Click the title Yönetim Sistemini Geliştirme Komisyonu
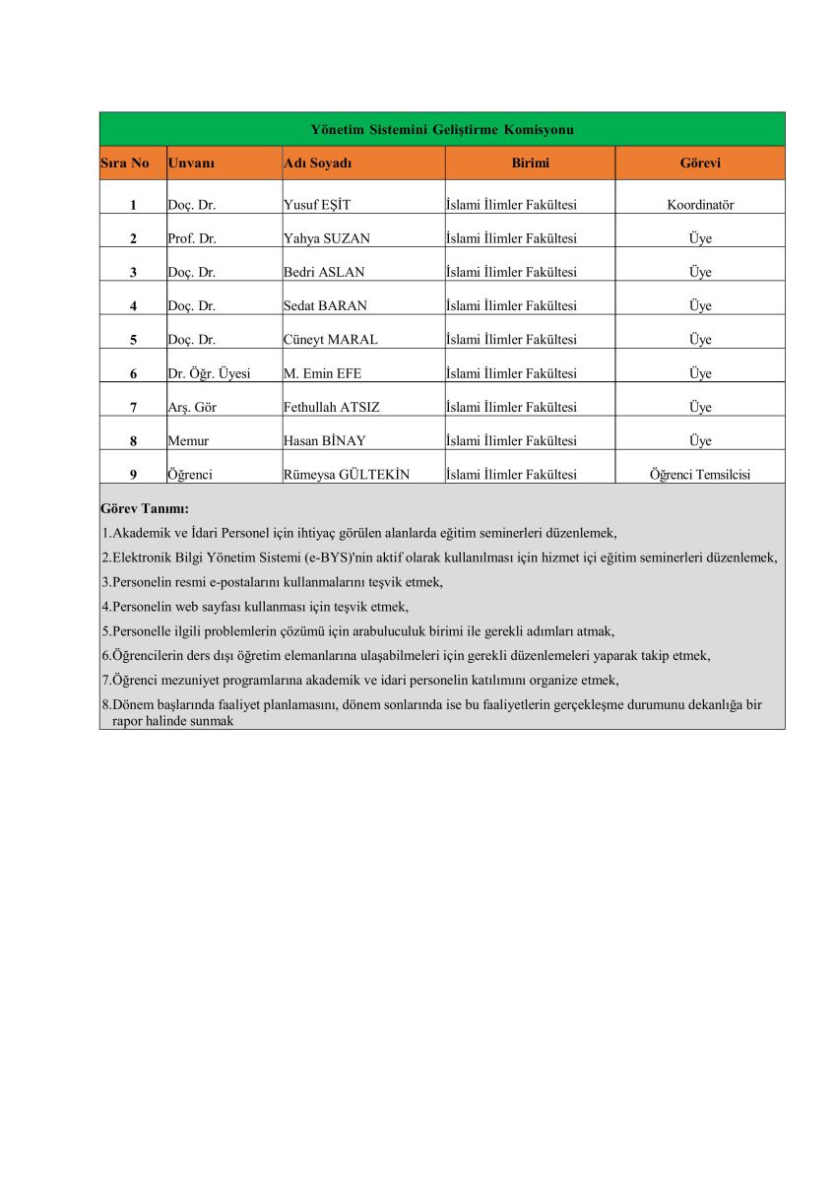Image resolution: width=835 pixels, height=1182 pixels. tap(442, 130)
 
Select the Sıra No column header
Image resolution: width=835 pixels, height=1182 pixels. tap(125, 164)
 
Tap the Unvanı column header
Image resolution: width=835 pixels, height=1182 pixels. tap(191, 164)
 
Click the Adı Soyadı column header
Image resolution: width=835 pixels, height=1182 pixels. tap(317, 164)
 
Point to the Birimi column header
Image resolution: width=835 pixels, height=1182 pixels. tap(530, 164)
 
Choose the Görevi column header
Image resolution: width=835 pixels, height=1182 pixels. tap(700, 164)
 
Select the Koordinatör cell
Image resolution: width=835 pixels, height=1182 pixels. tap(700, 206)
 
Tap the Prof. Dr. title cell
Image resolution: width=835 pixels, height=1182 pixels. tap(192, 239)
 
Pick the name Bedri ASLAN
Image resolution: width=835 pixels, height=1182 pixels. tap(319, 273)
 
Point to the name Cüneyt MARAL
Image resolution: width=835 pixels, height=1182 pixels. tap(330, 340)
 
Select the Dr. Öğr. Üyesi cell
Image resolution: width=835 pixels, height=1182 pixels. tap(209, 373)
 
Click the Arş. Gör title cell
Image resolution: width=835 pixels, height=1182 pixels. tap(192, 407)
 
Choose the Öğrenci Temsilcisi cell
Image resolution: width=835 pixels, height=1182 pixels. tap(700, 475)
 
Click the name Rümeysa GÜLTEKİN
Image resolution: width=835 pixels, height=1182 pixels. tap(346, 475)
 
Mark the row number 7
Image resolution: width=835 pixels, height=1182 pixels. tap(133, 407)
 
